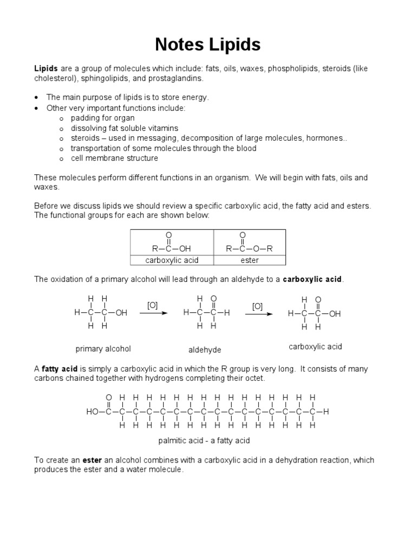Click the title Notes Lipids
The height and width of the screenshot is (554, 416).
(207, 44)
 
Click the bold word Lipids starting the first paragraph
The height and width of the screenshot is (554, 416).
(46, 69)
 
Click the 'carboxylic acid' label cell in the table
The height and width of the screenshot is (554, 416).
(172, 260)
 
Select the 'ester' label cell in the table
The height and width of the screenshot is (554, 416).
(250, 260)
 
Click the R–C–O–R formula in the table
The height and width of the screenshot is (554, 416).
(250, 248)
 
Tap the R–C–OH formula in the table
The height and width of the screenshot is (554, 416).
(172, 248)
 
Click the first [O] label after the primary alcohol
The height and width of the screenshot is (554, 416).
(152, 306)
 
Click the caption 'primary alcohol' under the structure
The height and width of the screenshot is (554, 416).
(103, 348)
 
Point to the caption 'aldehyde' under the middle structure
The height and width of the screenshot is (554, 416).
(205, 349)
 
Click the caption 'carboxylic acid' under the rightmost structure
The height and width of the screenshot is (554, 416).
(315, 347)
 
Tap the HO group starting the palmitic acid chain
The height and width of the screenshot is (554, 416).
(92, 412)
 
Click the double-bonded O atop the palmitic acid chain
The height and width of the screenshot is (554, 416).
(108, 398)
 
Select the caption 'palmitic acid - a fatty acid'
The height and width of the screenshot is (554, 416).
(204, 440)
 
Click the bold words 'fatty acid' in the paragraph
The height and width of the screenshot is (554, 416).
(61, 368)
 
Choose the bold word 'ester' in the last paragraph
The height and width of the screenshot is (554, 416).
(92, 460)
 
